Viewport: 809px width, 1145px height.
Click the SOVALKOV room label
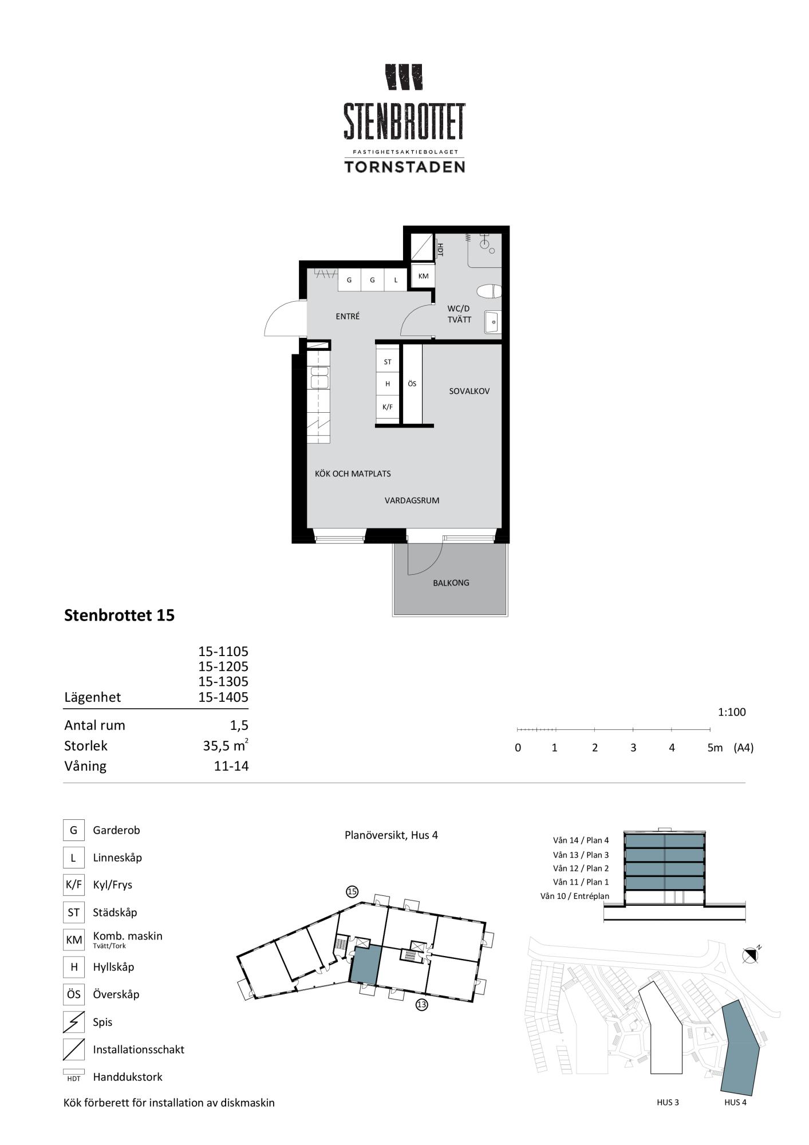[469, 392]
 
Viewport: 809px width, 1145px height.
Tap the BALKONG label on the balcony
[451, 583]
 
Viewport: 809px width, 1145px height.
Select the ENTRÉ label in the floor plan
[348, 316]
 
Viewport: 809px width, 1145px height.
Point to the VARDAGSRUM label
[412, 500]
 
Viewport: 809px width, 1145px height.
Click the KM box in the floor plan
[423, 276]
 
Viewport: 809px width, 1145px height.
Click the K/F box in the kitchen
[388, 407]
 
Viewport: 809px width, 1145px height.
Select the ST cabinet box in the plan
[388, 362]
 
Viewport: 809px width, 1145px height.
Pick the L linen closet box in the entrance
[396, 280]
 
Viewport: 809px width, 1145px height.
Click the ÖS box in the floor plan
[412, 384]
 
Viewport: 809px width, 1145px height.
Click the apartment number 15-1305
[223, 682]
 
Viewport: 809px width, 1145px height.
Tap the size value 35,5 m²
[226, 745]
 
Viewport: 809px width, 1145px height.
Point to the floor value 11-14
[231, 766]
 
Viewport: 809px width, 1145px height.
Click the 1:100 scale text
[732, 712]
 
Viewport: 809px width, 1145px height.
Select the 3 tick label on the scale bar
[633, 748]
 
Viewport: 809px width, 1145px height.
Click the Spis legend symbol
[73, 1022]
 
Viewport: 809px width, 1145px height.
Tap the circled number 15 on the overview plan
[352, 891]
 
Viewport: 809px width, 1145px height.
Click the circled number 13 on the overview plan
[421, 1004]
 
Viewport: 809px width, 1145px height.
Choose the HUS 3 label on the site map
[668, 1102]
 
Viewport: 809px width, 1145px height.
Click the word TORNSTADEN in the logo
[404, 167]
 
